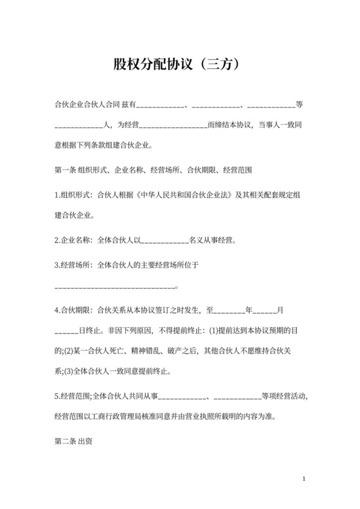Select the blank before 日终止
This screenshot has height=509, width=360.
pos(66,331)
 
